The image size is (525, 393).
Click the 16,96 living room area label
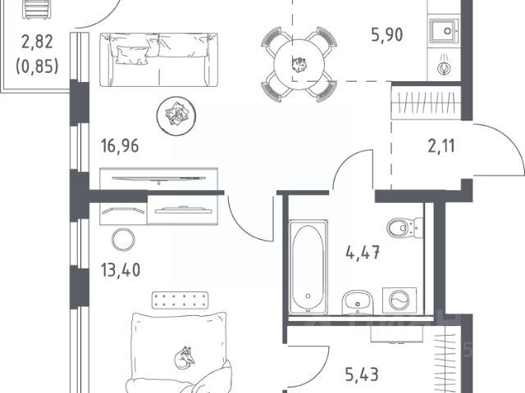point(120,146)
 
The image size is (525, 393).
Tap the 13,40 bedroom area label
point(121,270)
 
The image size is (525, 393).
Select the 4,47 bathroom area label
point(363,252)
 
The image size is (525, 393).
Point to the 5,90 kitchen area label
point(387,34)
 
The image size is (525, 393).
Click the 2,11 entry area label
point(441,147)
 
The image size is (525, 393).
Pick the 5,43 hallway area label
point(362,375)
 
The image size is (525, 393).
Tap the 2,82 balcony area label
point(37,42)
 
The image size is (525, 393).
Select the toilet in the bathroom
point(404,228)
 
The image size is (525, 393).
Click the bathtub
point(308,268)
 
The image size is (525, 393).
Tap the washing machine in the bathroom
point(399,300)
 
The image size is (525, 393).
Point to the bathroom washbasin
point(358,303)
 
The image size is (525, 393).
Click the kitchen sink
point(443,31)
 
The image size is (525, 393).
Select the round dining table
point(299,65)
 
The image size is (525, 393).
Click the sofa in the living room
point(158,60)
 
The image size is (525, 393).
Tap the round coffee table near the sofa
point(176,115)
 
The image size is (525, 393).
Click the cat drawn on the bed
point(185,358)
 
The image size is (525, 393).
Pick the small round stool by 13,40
point(123,240)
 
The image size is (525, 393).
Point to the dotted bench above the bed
point(180,300)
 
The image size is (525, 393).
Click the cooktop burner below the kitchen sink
point(444,67)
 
